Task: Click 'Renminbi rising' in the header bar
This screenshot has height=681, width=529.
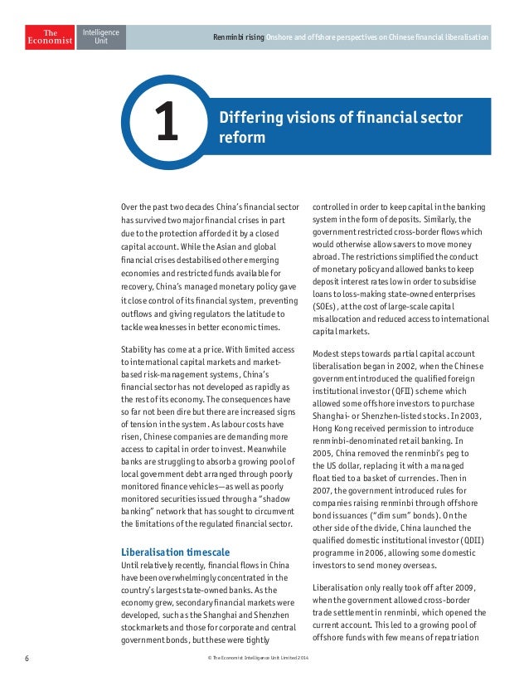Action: click(238, 38)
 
